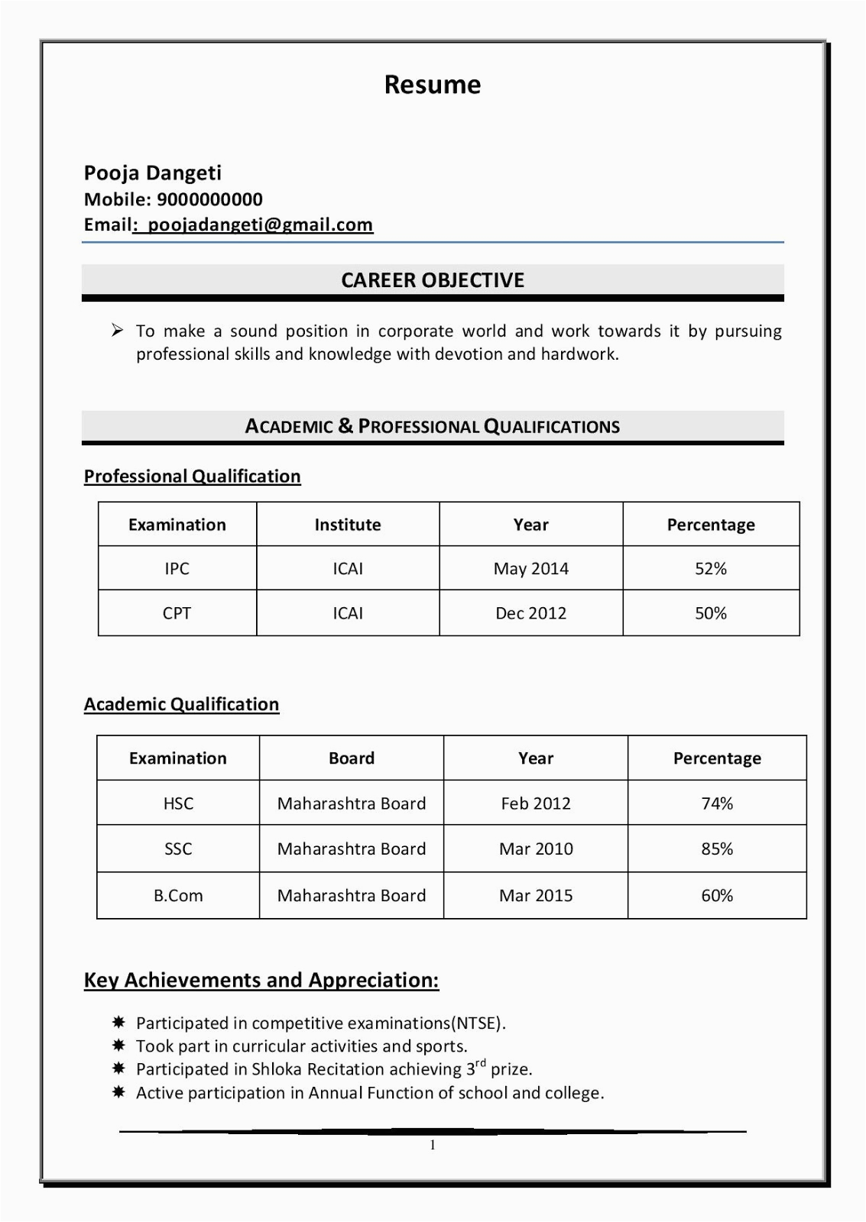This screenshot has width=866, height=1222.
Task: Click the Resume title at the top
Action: click(x=433, y=85)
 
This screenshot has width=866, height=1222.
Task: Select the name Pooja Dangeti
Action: click(x=152, y=173)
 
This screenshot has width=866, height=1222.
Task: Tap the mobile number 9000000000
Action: click(x=209, y=199)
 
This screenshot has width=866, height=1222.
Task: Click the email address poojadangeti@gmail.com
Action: click(x=260, y=225)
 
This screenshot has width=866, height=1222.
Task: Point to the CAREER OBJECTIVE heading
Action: click(x=433, y=280)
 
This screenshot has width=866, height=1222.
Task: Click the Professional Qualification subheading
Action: click(x=192, y=476)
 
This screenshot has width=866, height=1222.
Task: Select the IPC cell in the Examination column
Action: click(x=177, y=568)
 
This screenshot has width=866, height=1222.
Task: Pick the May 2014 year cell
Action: click(x=530, y=568)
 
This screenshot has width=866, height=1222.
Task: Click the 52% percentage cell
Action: click(x=710, y=568)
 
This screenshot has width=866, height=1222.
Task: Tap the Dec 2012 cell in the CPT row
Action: click(x=530, y=613)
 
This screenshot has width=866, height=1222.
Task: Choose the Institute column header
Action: click(x=347, y=525)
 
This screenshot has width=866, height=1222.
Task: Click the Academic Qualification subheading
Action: click(x=181, y=704)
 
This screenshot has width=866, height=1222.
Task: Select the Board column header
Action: click(x=351, y=758)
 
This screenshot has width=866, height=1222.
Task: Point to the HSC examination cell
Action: click(x=178, y=803)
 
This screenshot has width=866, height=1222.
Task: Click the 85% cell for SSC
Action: click(x=716, y=849)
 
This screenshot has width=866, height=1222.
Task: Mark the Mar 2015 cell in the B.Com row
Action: click(x=535, y=896)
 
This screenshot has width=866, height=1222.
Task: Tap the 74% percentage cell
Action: click(x=716, y=803)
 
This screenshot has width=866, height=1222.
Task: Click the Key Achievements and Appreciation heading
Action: click(x=261, y=980)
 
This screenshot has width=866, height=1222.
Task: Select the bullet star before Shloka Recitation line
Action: click(x=118, y=1068)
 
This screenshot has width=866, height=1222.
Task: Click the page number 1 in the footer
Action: click(x=433, y=1145)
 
